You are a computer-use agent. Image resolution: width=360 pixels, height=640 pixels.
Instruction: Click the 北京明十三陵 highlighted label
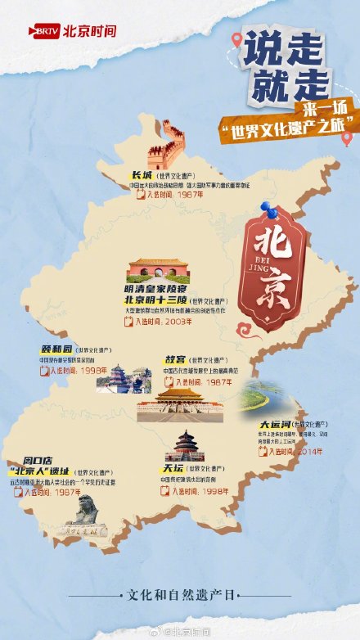[151, 300]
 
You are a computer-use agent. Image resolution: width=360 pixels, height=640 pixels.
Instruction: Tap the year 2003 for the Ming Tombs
[175, 322]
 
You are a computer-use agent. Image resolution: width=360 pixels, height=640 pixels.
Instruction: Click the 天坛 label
[173, 469]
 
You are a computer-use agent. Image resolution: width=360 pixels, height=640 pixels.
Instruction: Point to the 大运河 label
[275, 426]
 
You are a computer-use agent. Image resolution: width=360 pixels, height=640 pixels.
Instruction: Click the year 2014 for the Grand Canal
[305, 450]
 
